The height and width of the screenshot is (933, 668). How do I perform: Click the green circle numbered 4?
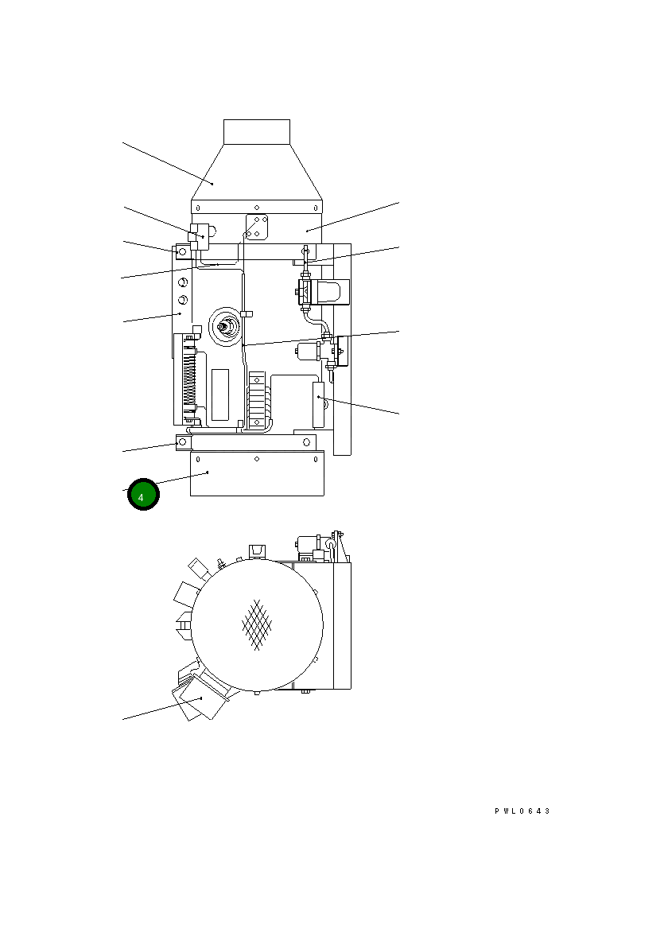click(143, 494)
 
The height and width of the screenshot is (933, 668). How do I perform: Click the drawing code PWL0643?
click(522, 811)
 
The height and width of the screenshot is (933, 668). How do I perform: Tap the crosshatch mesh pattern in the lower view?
click(257, 624)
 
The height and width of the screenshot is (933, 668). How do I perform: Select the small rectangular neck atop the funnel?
click(257, 131)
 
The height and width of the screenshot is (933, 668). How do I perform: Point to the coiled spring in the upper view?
click(190, 377)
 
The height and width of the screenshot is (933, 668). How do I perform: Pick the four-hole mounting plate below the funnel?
click(257, 227)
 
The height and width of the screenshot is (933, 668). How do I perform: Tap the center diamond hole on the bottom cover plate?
click(257, 460)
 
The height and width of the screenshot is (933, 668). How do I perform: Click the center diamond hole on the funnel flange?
click(257, 208)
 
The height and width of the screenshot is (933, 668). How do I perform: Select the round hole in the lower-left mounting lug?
click(183, 442)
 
